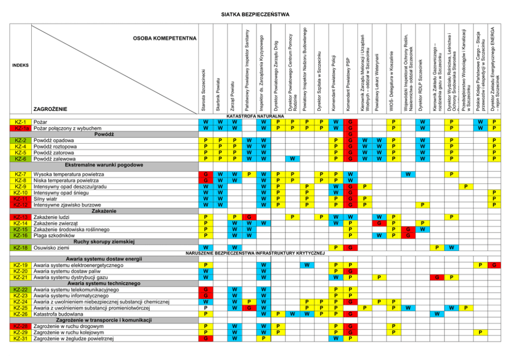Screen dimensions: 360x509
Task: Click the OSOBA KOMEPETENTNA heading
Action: [165, 38]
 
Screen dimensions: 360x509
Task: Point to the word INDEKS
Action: [21, 66]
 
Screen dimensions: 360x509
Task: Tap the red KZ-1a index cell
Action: [21, 128]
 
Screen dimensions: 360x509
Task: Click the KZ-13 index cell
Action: [21, 217]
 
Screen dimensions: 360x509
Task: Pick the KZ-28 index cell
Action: [21, 326]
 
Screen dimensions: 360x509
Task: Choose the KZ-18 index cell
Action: [21, 248]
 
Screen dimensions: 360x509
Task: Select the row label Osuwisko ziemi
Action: [51, 248]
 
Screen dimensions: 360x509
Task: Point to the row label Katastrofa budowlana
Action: [57, 314]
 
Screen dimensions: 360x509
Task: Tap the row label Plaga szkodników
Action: [53, 236]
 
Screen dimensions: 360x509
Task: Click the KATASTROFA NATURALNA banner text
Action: [255, 117]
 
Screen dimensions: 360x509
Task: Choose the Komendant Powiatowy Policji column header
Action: [335, 77]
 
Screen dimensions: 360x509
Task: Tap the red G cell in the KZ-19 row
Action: [495, 265]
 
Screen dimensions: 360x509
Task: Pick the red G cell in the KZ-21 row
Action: [437, 277]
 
